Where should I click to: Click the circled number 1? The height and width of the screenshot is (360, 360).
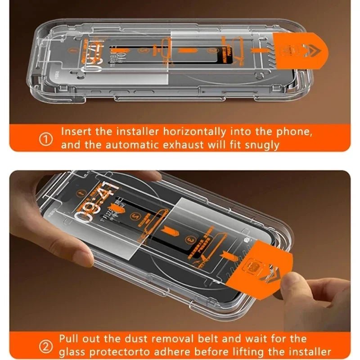(46, 139)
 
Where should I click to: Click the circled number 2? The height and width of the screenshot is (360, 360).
(46, 346)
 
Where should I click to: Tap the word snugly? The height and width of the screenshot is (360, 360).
(263, 145)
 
